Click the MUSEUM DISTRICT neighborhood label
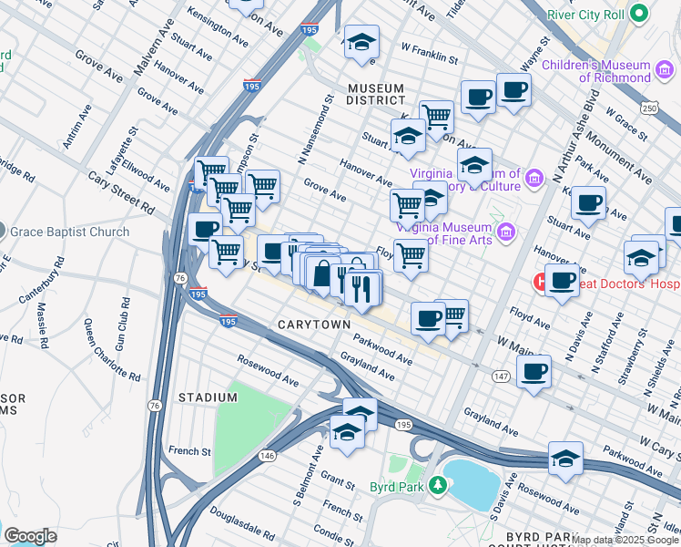pos(376,94)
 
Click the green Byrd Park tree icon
pos(437,485)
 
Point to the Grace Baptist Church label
pos(70,232)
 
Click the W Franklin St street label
pos(429,54)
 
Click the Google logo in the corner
pos(31,536)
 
